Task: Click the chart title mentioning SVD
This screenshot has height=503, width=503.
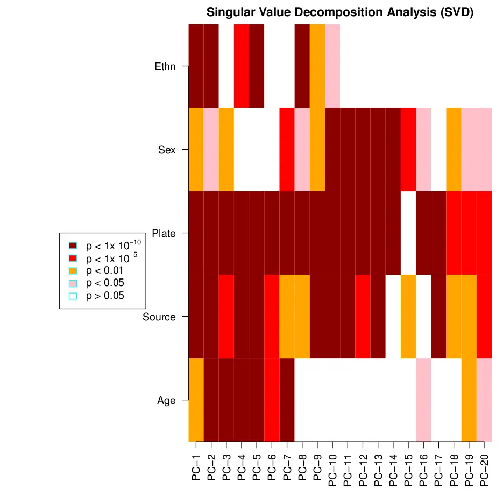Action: coord(339,12)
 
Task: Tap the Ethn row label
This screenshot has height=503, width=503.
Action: coord(165,67)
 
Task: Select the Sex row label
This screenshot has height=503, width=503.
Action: coord(167,150)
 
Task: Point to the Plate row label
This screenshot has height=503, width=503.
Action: coord(164,234)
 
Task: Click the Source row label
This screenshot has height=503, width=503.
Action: coord(159,317)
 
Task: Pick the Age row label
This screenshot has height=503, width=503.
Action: coord(166,401)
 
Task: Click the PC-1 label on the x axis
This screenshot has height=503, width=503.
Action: coord(196,466)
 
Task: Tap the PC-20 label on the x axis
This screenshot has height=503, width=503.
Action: coord(484,469)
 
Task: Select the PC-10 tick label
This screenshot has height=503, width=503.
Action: coord(332,469)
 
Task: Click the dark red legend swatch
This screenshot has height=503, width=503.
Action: coord(73,246)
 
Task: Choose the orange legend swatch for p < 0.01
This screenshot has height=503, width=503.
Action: coord(73,270)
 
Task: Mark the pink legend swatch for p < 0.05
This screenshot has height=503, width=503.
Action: coord(73,283)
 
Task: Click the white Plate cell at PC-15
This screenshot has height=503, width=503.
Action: coord(408,233)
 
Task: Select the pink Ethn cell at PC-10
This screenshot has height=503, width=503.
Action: coord(332,66)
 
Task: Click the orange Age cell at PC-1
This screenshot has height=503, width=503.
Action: coord(196,400)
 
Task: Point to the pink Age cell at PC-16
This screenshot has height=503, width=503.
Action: coord(423,400)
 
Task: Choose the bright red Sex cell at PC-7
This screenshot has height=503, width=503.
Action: coord(287,149)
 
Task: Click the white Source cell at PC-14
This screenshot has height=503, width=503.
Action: coord(393,316)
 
